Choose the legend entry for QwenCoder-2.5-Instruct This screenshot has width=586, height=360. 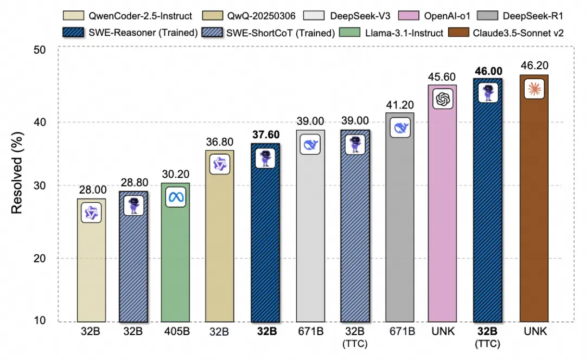click(128, 16)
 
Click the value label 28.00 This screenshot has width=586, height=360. click(92, 191)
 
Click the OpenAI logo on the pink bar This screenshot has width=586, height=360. click(442, 99)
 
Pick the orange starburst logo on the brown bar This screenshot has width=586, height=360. click(534, 89)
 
